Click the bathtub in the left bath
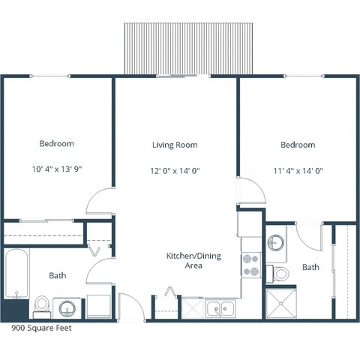click(16, 273)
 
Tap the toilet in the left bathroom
click(42, 305)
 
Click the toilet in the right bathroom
click(280, 273)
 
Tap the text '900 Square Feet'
click(41, 328)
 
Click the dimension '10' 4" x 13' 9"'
click(56, 169)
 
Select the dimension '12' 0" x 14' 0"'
click(175, 170)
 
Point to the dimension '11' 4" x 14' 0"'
click(298, 170)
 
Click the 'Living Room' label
click(175, 145)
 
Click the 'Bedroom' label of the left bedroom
click(57, 143)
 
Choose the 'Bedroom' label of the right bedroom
click(298, 145)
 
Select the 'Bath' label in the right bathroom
click(310, 267)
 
